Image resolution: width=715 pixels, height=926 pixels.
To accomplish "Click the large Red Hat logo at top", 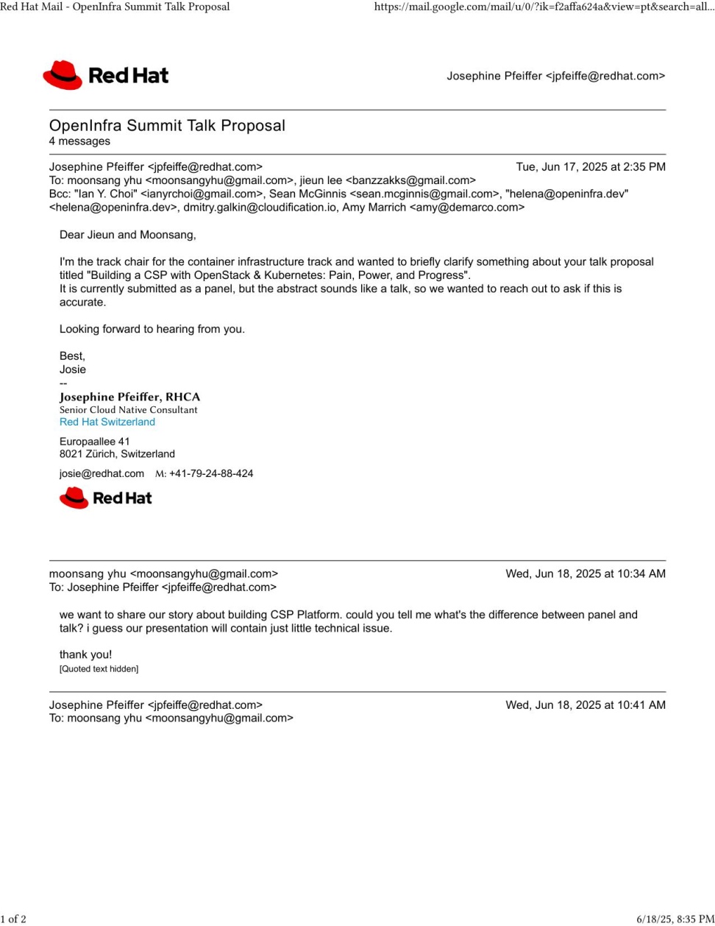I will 106,75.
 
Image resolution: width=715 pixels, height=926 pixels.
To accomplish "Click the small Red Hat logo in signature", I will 105,498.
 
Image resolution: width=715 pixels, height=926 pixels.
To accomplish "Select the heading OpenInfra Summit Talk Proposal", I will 167,125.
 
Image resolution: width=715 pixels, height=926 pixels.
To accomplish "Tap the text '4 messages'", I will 79,141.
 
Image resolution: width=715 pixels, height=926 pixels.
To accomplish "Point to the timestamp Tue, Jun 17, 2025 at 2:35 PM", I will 590,167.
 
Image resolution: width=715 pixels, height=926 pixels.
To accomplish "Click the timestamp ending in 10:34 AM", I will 585,574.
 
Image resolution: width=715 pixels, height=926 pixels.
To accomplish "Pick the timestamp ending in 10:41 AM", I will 585,705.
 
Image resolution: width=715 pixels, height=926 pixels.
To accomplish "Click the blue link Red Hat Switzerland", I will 107,423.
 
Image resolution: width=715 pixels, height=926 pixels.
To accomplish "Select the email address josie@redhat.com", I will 102,474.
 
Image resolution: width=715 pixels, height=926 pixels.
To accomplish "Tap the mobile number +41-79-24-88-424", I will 211,474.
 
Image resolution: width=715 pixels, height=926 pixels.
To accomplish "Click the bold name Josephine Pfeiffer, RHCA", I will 129,397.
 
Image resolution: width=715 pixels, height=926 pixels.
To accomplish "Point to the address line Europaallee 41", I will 95,442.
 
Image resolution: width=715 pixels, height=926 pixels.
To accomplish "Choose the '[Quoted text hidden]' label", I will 99,669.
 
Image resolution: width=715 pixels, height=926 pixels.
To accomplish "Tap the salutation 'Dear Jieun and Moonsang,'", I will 128,236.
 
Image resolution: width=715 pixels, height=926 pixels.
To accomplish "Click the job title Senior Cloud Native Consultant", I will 129,410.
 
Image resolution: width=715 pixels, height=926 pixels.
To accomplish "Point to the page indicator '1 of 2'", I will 13,919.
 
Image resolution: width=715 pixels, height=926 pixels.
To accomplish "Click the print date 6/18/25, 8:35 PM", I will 675,919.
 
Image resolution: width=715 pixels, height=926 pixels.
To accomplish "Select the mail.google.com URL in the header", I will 544,7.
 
